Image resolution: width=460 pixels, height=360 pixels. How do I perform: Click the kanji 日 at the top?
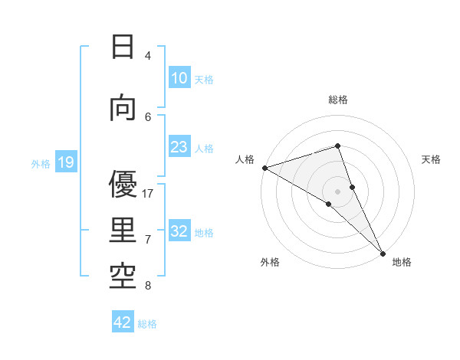click(123, 47)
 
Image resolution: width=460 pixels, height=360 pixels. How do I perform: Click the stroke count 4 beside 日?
click(148, 55)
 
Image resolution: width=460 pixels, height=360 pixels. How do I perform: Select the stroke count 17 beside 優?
click(148, 194)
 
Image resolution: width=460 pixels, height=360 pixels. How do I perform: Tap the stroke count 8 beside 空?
click(148, 286)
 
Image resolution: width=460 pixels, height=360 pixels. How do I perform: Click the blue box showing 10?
click(179, 78)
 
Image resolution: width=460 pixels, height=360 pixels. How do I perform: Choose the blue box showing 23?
click(179, 147)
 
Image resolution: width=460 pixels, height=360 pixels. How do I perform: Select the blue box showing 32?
click(179, 232)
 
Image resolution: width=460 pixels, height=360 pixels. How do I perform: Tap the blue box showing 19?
click(66, 162)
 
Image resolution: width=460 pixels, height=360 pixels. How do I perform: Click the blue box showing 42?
click(123, 323)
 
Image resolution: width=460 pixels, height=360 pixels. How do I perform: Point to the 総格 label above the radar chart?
click(338, 100)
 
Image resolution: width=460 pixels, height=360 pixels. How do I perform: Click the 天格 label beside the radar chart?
click(432, 159)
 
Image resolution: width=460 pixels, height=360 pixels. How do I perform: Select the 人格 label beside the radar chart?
click(245, 159)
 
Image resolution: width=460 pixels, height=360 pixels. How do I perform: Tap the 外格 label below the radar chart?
click(270, 262)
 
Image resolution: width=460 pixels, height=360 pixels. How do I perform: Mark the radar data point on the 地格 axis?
click(383, 253)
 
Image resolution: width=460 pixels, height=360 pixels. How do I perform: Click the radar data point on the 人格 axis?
click(264, 168)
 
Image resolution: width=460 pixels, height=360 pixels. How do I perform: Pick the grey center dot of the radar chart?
click(337, 191)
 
